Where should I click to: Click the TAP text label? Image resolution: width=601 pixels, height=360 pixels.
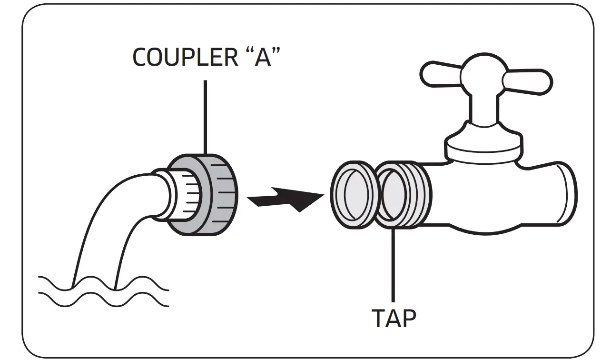pyautogui.click(x=393, y=318)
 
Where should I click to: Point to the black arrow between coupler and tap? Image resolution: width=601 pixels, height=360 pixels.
pyautogui.click(x=283, y=200)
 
